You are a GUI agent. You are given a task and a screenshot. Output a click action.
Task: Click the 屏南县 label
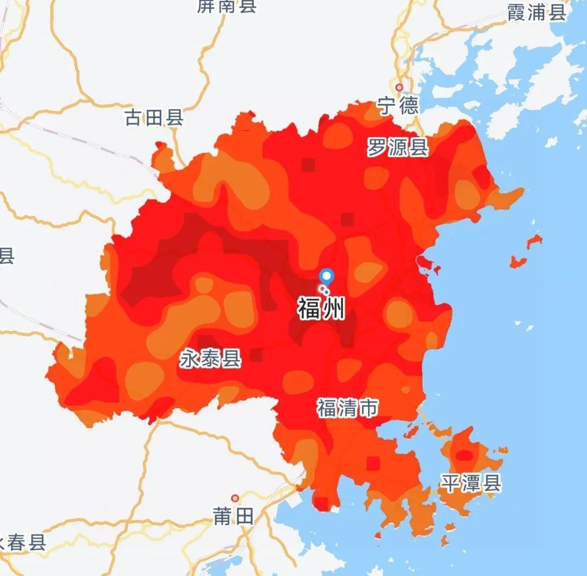227,7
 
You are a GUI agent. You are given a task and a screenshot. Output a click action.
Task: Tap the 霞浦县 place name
536,13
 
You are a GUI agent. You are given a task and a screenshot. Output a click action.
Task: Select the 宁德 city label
398,106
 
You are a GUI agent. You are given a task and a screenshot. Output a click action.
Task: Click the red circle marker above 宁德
399,87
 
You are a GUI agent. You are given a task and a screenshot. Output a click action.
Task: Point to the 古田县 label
154,117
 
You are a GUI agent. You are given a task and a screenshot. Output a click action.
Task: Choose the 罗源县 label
397,147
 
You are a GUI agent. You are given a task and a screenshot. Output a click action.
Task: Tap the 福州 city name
321,309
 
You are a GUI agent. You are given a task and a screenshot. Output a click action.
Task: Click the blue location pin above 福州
326,276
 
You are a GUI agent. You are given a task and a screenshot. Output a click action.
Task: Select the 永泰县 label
210,359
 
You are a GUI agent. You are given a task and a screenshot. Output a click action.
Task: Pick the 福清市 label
347,408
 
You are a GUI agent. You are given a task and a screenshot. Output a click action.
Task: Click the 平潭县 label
470,482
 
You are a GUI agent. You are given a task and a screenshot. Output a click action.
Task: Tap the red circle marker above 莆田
235,498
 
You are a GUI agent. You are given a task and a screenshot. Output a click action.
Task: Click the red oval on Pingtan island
464,455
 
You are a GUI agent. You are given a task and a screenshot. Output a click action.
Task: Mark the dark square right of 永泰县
256,355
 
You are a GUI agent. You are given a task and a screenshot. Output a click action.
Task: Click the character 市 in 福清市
367,408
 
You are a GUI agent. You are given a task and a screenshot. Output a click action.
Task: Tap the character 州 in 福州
333,309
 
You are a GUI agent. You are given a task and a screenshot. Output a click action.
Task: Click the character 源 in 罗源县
397,147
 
